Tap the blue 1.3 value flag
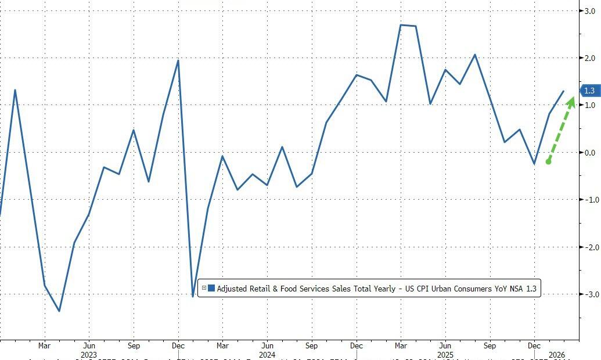pyautogui.click(x=588, y=91)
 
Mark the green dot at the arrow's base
pyautogui.click(x=548, y=161)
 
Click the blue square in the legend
pyautogui.click(x=211, y=288)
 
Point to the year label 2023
pyautogui.click(x=89, y=354)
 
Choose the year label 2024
pyautogui.click(x=267, y=354)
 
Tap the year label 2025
pyautogui.click(x=445, y=354)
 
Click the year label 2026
pyautogui.click(x=556, y=354)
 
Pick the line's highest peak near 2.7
pyautogui.click(x=401, y=25)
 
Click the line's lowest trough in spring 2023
pyautogui.click(x=59, y=311)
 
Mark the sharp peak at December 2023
pyautogui.click(x=178, y=60)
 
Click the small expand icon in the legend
pyautogui.click(x=204, y=288)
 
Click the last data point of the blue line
pyautogui.click(x=563, y=91)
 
